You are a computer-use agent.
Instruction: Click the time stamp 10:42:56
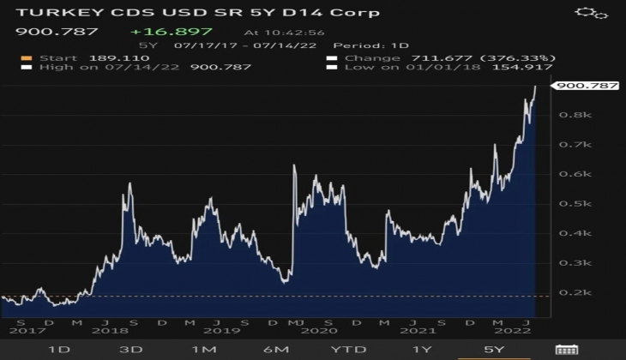pos(273,33)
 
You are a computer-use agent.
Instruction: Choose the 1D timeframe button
pos(58,349)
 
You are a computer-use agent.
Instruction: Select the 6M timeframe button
pos(276,349)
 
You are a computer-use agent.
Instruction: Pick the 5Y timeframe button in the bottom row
pos(495,349)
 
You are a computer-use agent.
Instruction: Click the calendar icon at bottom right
pos(567,349)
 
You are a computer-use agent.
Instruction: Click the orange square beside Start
pos(25,58)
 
